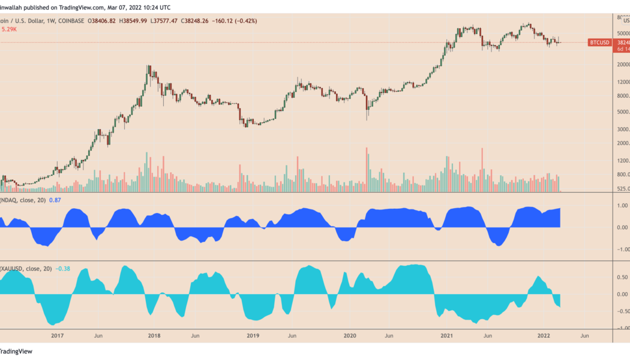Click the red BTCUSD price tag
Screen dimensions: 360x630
pyautogui.click(x=600, y=43)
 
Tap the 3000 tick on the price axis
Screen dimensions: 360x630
pyautogui.click(x=622, y=129)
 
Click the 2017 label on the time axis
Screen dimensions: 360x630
pyautogui.click(x=58, y=336)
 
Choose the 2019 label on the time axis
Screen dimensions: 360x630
pyautogui.click(x=252, y=336)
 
